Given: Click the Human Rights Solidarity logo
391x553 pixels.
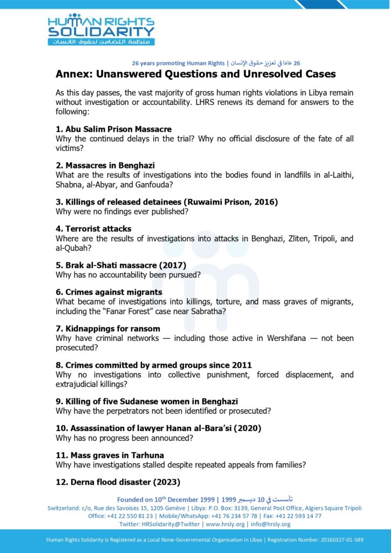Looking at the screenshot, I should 101,30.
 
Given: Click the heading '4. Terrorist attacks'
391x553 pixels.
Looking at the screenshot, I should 93,229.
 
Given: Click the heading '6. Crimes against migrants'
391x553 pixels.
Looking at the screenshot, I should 109,292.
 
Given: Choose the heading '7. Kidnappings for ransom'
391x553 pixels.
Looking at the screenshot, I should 107,328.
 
